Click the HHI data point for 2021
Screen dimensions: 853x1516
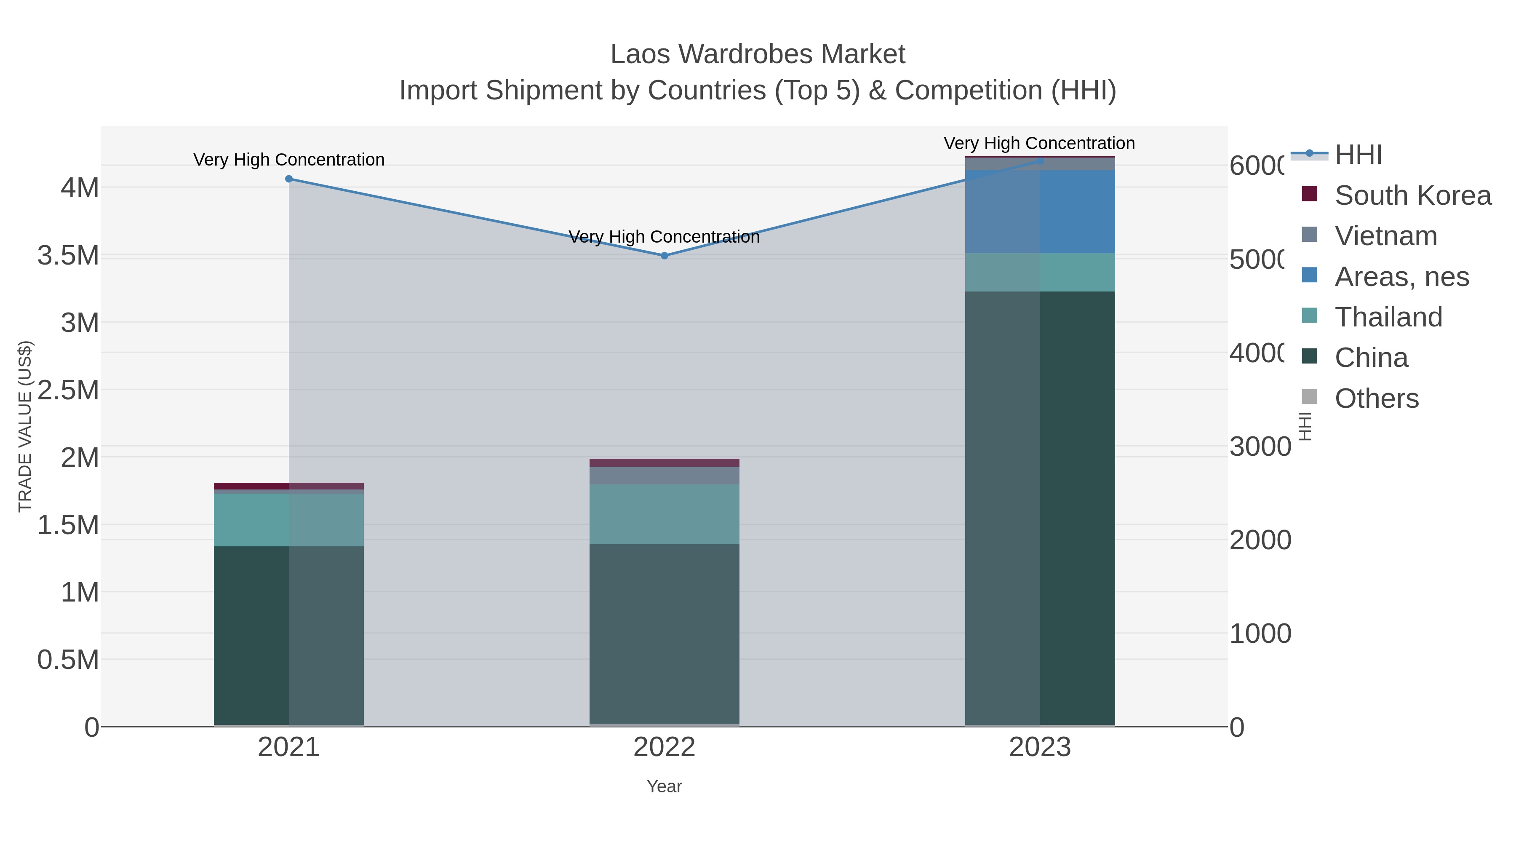(x=288, y=179)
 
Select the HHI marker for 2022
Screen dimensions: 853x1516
(x=665, y=256)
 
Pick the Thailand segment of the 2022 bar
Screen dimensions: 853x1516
(x=665, y=514)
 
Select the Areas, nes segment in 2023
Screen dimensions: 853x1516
(x=1040, y=212)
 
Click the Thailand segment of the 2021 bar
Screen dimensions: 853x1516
(x=288, y=520)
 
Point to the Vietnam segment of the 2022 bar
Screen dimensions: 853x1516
(x=665, y=476)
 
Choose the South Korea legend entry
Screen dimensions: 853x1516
(x=1412, y=195)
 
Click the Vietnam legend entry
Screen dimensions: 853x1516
(x=1385, y=236)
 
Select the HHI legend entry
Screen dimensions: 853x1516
(x=1358, y=155)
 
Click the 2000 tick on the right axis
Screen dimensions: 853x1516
(x=1260, y=540)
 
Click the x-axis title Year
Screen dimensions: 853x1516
(x=665, y=786)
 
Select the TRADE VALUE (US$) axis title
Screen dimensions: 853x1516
(x=25, y=426)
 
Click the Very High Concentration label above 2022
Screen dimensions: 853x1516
(x=665, y=237)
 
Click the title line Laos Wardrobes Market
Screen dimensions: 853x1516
(x=758, y=54)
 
